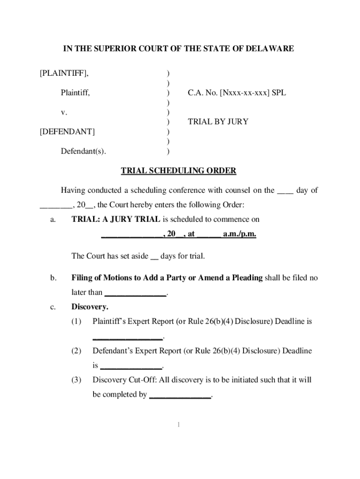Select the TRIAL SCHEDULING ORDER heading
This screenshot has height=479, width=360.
[x=179, y=171]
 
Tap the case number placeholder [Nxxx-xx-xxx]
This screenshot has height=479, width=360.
[x=242, y=93]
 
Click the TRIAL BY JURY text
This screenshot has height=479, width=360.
[x=218, y=122]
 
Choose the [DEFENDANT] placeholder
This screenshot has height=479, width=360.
[x=67, y=131]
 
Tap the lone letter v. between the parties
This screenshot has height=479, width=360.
[x=64, y=112]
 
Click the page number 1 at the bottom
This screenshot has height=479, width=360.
[x=179, y=425]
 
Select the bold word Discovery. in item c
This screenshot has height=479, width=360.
[x=90, y=307]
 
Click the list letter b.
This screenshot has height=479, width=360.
[x=54, y=278]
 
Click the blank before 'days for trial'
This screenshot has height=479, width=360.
[x=154, y=256]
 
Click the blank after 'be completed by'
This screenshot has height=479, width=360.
[x=180, y=395]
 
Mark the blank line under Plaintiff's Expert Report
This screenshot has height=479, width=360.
[x=128, y=337]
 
